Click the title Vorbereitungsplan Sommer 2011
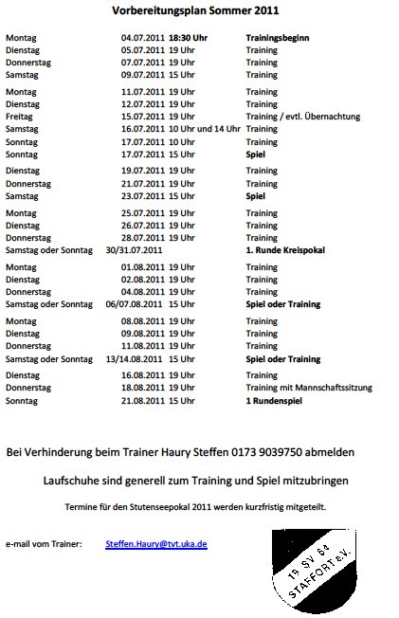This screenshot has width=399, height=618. (x=199, y=12)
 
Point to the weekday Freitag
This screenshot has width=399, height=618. (x=20, y=116)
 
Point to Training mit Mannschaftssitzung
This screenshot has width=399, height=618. (x=308, y=388)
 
